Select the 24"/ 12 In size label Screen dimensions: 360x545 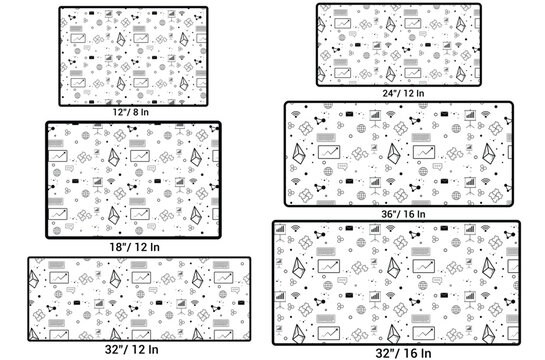pos(399,91)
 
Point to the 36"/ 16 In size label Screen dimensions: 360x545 pos(398,214)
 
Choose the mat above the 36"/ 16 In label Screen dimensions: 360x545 pos(398,154)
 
